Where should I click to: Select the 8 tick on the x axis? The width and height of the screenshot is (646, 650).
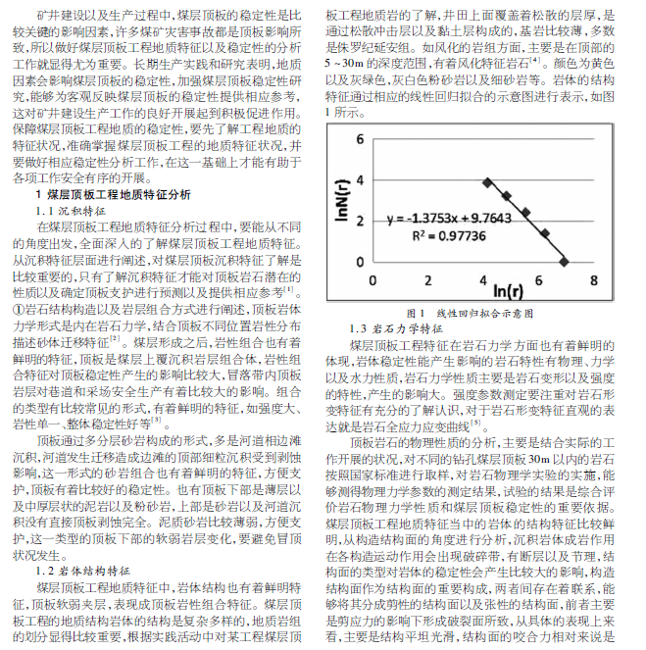click(x=595, y=279)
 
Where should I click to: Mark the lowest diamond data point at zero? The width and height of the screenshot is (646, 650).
click(x=565, y=261)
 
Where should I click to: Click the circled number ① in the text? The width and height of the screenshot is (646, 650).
click(x=19, y=308)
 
